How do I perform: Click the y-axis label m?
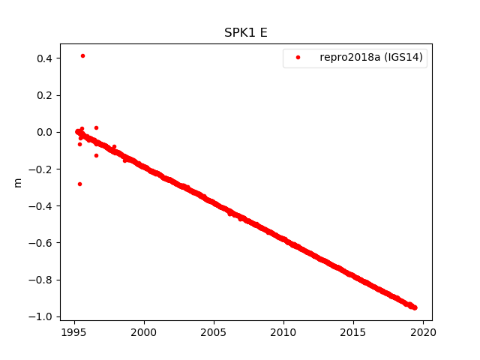pos(18,182)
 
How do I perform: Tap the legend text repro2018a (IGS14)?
pos(372,57)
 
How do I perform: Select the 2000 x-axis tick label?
pos(144,331)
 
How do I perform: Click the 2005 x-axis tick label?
pos(214,331)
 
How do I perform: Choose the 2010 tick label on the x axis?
pos(283,331)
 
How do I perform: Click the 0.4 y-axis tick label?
pos(43,58)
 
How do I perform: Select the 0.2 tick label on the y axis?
pos(43,95)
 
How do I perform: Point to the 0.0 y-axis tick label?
pos(43,132)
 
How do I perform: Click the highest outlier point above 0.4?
pos(82,55)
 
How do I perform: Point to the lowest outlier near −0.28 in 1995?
pos(79,184)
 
